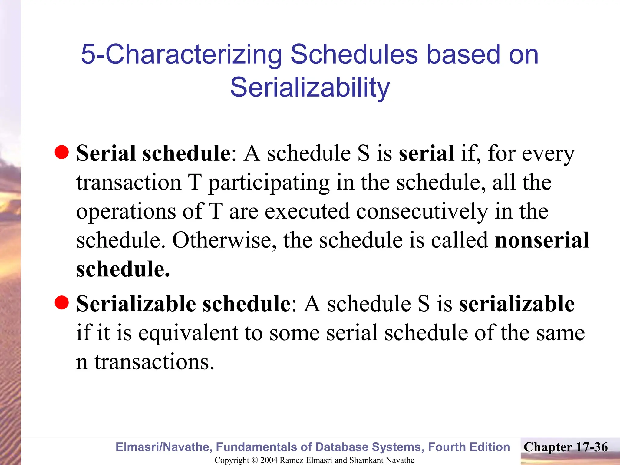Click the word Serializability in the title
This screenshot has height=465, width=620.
point(310,87)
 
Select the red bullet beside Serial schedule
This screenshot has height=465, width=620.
point(62,152)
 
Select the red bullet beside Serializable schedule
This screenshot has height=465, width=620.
point(62,302)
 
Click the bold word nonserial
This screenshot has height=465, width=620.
point(542,240)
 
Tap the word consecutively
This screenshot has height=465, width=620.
point(422,211)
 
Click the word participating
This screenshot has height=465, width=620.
point(269,183)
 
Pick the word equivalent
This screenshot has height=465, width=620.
point(189,333)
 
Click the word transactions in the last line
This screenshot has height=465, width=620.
point(154,362)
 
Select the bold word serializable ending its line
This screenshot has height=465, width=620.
point(516,304)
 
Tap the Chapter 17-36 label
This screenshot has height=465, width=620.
point(566,447)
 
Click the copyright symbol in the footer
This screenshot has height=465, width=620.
point(255,460)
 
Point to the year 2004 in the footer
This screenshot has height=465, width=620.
point(269,460)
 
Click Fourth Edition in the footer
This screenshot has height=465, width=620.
point(469,447)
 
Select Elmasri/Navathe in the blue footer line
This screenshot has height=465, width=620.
point(163,447)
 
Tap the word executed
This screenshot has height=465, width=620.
point(307,211)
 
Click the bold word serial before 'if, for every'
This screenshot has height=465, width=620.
point(426,153)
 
